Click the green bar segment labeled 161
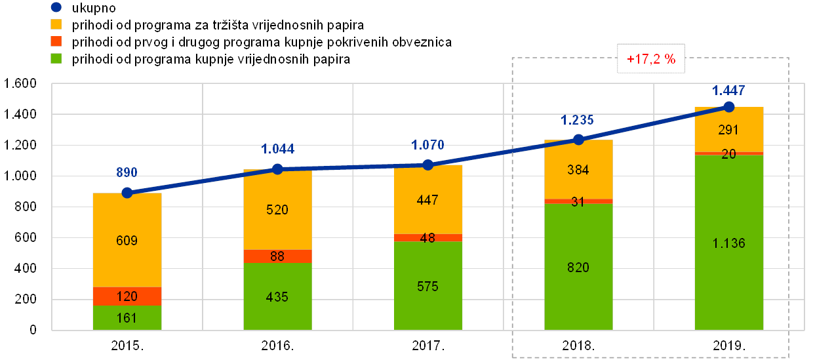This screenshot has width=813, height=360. point(127,317)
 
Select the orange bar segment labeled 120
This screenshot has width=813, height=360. point(127,296)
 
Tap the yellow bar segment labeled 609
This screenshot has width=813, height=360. point(127,240)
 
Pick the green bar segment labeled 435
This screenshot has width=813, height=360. point(277,296)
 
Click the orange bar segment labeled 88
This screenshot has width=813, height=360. point(277,256)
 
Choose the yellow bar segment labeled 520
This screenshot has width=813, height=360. point(277,210)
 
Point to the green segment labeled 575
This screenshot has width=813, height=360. point(428,286)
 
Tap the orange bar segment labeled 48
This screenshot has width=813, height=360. point(428,237)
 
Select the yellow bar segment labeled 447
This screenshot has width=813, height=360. point(428,199)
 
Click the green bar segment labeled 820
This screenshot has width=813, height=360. point(578,267)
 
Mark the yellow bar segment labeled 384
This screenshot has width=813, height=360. point(578,169)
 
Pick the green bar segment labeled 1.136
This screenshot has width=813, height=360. point(729,243)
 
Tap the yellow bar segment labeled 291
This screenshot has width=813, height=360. point(729,129)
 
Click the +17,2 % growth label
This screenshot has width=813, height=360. point(650,59)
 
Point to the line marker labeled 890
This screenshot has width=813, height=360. point(127,193)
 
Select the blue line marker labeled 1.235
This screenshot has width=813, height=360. point(578,139)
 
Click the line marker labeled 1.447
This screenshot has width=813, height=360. point(729,106)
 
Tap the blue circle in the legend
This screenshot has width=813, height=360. point(56,9)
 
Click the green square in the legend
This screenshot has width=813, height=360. point(56,60)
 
